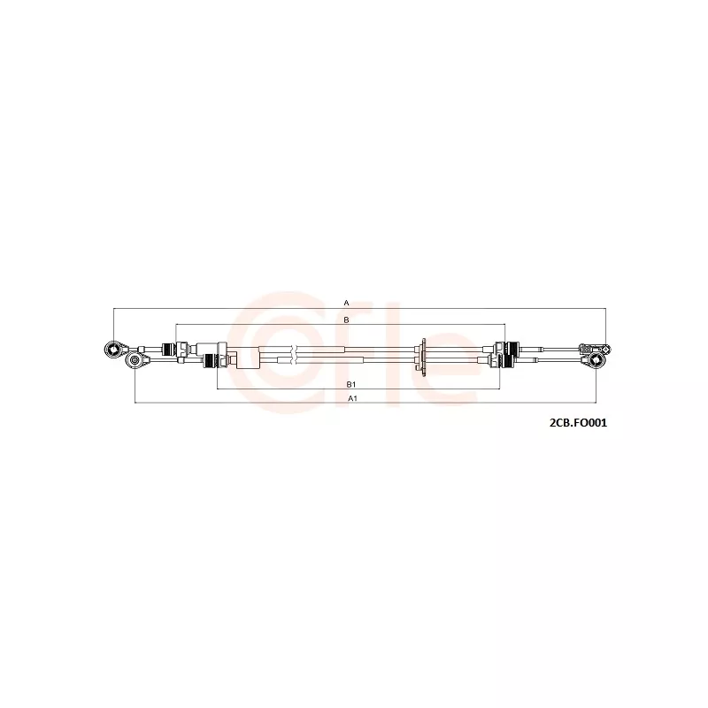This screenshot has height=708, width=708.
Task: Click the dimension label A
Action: tap(346, 303)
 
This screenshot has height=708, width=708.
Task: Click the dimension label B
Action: tap(346, 319)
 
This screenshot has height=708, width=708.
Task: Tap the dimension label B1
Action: tap(351, 384)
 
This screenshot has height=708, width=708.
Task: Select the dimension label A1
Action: tap(352, 398)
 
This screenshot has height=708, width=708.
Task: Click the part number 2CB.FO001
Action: tap(578, 423)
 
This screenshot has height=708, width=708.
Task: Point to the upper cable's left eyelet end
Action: tap(114, 349)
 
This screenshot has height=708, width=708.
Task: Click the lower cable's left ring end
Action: tap(135, 360)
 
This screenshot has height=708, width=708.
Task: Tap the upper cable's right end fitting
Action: tap(594, 349)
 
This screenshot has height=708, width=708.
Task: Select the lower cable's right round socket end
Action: tap(596, 360)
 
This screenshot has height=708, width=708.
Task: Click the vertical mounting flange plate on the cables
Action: tap(424, 356)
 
